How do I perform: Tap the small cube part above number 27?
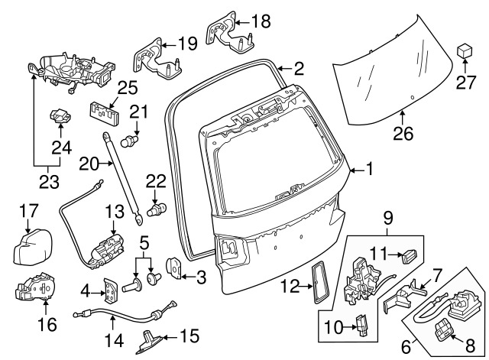465,50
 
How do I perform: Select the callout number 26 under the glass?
403,135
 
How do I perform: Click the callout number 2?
298,69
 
